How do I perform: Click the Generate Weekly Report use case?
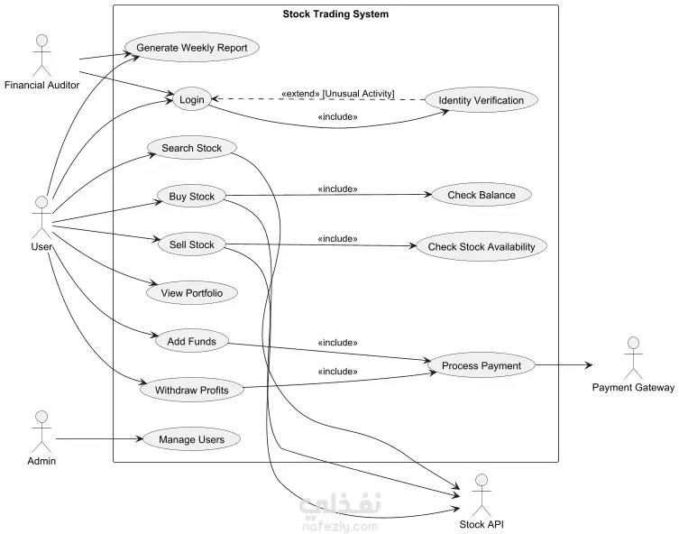(192, 48)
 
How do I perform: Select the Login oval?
(192, 99)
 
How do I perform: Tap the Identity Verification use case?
(482, 100)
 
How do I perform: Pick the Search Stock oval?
(192, 148)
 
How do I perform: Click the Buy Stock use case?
(192, 196)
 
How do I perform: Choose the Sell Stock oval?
(192, 244)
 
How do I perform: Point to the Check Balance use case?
(482, 195)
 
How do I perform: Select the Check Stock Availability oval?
(482, 246)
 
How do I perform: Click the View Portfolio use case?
(192, 293)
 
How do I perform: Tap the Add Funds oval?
(192, 341)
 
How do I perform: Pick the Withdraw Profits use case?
(192, 390)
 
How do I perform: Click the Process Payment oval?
(482, 365)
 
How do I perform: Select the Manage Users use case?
(192, 439)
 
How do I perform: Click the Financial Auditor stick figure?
(42, 55)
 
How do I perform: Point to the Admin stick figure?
(41, 432)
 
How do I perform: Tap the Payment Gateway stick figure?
(634, 358)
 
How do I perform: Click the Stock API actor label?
(482, 524)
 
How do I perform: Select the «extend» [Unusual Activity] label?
(338, 94)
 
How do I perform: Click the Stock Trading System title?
(335, 14)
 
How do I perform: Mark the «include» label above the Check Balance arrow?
(338, 189)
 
